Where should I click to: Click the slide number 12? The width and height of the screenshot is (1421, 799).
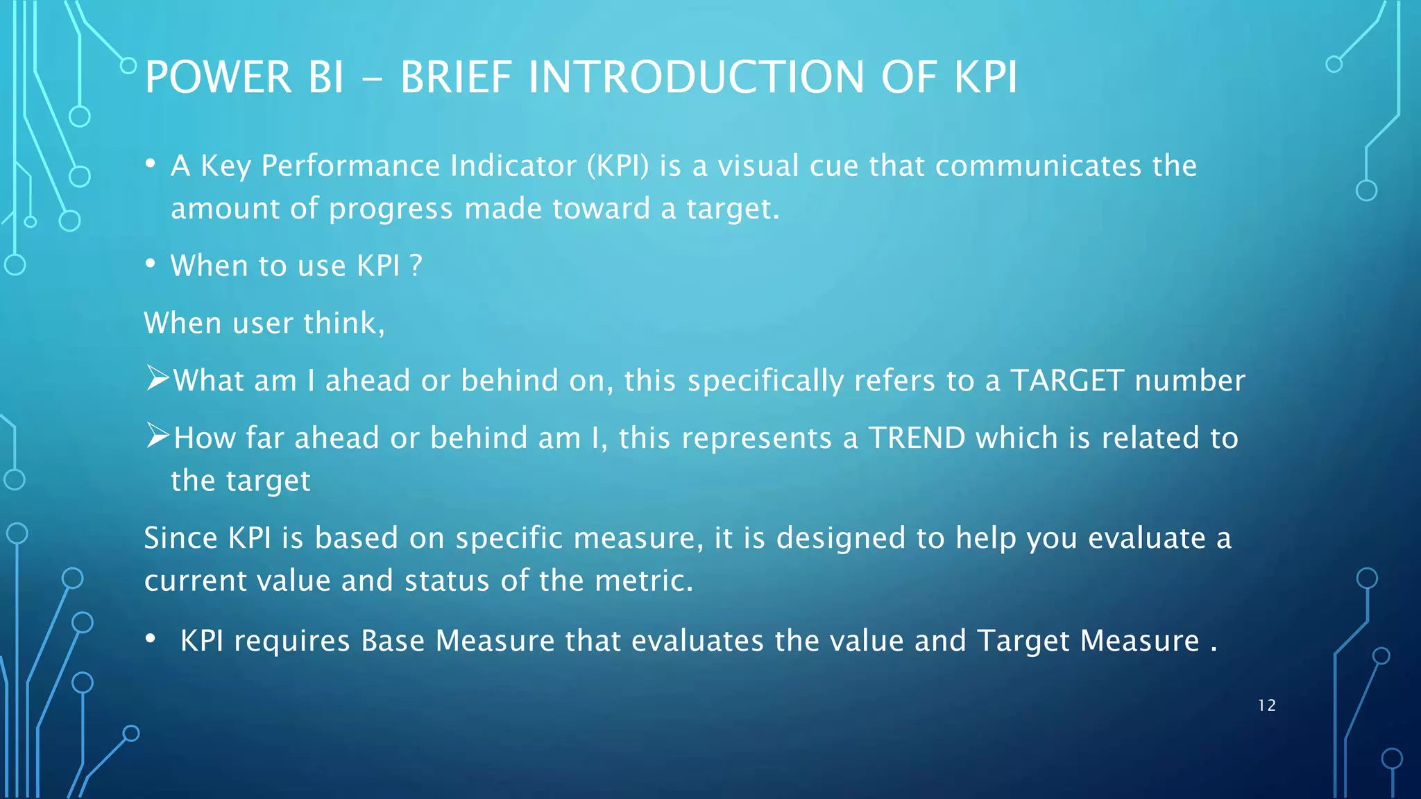(x=1266, y=705)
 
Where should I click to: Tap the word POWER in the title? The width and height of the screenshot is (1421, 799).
(x=218, y=77)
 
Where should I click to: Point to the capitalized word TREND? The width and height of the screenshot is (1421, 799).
(x=917, y=438)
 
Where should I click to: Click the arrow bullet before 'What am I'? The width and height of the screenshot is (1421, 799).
(x=158, y=379)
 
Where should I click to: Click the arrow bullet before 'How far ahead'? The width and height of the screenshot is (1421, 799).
(x=158, y=436)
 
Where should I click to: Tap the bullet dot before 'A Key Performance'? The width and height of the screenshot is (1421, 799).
(x=150, y=164)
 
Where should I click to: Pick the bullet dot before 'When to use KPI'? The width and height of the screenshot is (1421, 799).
(x=150, y=264)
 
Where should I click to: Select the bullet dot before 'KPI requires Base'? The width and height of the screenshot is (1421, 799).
(x=150, y=639)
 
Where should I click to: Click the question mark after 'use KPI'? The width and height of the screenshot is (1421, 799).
(x=416, y=266)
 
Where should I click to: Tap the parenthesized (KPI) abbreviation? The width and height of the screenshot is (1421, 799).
(x=618, y=166)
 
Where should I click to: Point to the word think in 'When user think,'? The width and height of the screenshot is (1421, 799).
(x=339, y=323)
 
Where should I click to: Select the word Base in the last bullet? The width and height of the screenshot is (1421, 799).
(x=392, y=641)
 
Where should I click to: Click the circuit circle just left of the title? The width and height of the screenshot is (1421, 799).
(x=128, y=66)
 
